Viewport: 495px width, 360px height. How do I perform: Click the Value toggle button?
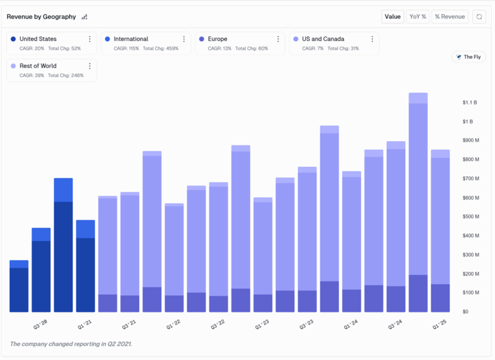coord(393,17)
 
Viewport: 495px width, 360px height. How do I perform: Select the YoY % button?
coord(418,17)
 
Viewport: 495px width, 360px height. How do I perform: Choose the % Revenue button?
coord(449,17)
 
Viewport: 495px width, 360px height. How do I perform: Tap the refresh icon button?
coord(479,17)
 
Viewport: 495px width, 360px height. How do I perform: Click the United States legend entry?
coord(38,39)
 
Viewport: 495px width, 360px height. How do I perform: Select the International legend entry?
coord(131,39)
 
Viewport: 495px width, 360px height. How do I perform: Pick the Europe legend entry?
coord(217,39)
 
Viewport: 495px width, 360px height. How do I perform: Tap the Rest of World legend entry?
coord(37,66)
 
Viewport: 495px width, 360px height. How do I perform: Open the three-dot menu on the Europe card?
coord(278,39)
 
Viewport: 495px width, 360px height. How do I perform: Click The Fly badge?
coord(469,57)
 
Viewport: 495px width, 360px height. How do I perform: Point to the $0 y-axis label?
coord(466,312)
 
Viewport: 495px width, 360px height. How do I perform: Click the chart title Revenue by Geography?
coord(41,17)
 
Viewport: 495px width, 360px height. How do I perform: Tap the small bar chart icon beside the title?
coord(84,17)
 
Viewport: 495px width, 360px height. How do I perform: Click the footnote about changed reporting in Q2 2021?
coord(71,344)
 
